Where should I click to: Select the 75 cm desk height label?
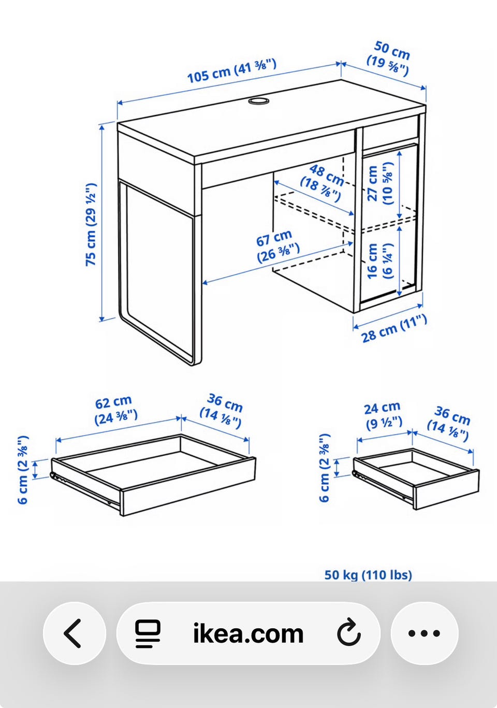[91, 224]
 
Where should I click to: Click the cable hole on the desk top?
[258, 101]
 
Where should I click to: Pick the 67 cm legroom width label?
[277, 247]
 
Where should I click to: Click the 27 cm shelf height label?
[380, 183]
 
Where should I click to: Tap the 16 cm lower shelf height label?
[379, 261]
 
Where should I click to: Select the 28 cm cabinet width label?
[394, 329]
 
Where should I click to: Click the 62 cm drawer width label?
[115, 410]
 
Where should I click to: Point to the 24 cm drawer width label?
[384, 415]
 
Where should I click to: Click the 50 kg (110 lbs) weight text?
[369, 575]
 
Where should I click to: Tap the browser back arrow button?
[75, 633]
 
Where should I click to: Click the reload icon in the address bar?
[349, 633]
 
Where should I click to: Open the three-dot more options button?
[425, 633]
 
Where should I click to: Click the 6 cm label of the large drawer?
[22, 470]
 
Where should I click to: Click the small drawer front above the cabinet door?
[390, 134]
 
